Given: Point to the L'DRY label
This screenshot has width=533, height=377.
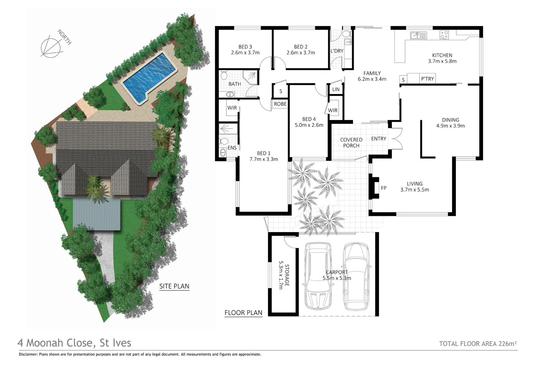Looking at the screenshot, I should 337,51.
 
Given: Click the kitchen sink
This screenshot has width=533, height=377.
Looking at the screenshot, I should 418,35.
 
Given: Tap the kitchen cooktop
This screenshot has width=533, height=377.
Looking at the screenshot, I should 444,35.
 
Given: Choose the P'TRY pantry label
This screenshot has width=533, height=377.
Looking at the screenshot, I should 427,79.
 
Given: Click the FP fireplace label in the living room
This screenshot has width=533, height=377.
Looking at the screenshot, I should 384,188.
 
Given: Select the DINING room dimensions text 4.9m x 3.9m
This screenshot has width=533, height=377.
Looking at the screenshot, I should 450,126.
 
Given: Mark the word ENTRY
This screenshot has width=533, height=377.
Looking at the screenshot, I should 378,139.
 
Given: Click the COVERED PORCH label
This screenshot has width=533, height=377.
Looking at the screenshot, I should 351,142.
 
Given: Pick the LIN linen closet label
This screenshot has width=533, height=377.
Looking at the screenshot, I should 336,90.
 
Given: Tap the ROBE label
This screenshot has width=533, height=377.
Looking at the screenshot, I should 280,104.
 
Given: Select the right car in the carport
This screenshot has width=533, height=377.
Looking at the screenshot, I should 356,276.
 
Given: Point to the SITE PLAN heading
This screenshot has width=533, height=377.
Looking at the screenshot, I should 174,286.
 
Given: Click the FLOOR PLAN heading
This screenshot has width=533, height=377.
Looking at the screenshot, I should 243,313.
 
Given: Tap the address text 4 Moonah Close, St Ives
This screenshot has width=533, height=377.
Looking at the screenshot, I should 74,343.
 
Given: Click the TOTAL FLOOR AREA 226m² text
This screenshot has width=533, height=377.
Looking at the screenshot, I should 478,344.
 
